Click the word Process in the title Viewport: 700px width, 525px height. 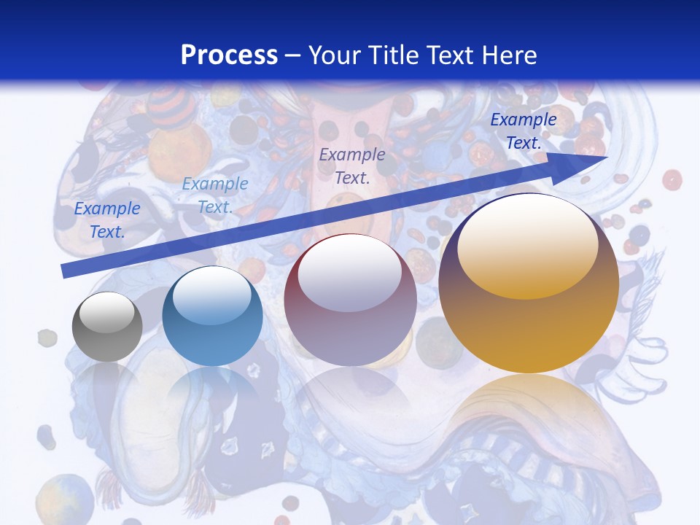[x=229, y=55]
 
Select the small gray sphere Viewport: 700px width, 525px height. [x=107, y=327]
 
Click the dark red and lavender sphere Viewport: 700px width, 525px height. [x=350, y=300]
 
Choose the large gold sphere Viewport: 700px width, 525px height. [x=529, y=284]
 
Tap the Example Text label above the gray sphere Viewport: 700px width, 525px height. [x=107, y=220]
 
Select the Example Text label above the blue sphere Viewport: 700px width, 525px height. [x=214, y=195]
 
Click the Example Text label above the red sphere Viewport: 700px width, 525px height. [x=351, y=166]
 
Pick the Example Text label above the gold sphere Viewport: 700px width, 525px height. [x=523, y=131]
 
